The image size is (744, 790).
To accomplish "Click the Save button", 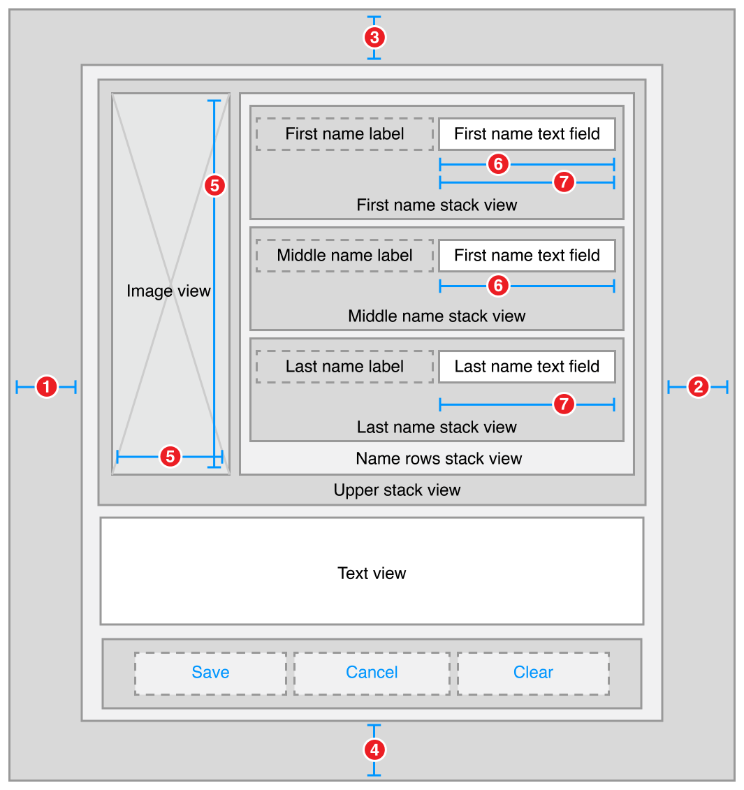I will coord(210,673).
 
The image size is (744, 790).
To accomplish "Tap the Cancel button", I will coord(372,673).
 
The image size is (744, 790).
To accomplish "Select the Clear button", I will coord(533,673).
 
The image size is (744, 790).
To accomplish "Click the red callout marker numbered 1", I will coord(46,386).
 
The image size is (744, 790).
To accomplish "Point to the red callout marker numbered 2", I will coord(698,386).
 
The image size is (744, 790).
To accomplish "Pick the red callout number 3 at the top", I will coord(374,37).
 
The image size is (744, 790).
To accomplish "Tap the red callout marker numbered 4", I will coord(374,750).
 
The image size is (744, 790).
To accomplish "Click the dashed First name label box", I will coord(344,134).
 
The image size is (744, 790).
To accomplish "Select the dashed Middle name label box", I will coord(344,256).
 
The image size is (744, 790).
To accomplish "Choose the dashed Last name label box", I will coord(344,367).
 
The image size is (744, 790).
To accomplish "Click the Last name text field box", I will coord(527,367).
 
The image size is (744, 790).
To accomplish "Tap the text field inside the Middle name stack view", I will coord(527,256).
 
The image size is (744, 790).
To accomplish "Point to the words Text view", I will coord(372,573).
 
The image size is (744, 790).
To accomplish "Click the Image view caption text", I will coord(168,291).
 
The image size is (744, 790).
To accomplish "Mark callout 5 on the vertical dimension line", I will coord(214,186).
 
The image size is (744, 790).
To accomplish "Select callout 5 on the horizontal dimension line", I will coord(170,457).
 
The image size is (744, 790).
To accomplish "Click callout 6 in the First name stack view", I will coord(498,164).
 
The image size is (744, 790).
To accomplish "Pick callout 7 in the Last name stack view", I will coord(564,404).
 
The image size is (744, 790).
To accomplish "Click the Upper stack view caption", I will coord(397,490).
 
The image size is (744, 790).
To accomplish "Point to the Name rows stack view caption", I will coord(439,459).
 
